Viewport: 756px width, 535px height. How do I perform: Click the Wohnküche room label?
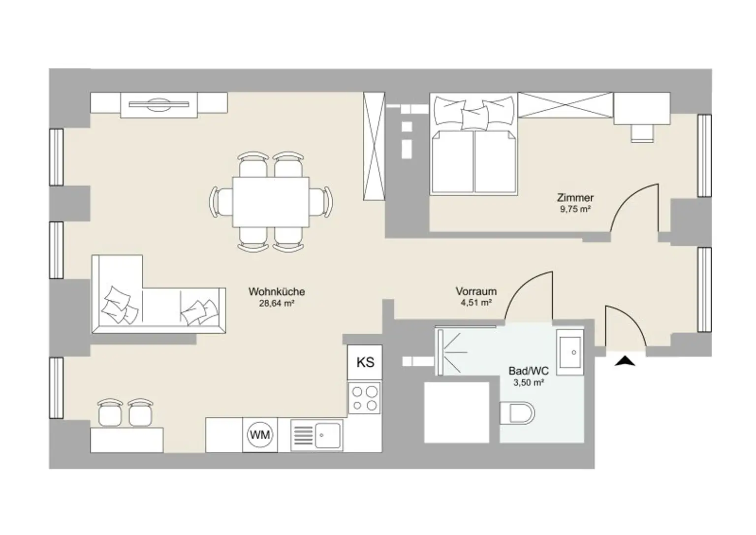click(277, 292)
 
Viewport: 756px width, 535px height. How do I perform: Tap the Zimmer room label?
click(575, 197)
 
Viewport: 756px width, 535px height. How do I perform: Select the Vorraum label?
click(476, 291)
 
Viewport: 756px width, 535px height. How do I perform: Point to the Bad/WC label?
click(529, 371)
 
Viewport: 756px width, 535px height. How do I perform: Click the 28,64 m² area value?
click(277, 303)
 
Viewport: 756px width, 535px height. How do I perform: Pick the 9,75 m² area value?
click(575, 209)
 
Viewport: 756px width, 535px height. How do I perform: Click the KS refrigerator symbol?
click(365, 362)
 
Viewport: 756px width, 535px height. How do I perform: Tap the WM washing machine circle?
click(260, 435)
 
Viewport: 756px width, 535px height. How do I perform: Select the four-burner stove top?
click(364, 398)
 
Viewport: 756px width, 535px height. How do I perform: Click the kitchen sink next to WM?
click(316, 436)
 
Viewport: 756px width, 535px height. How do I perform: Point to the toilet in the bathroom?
click(517, 413)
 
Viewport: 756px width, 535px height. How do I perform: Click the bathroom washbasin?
click(570, 352)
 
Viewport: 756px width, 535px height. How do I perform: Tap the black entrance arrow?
click(625, 361)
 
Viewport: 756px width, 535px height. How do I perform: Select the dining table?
click(271, 202)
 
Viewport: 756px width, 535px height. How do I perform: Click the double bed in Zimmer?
click(474, 145)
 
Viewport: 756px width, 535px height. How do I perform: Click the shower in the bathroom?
click(466, 351)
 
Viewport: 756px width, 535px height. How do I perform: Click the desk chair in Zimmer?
click(642, 133)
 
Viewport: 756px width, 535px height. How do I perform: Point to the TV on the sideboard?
click(159, 105)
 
